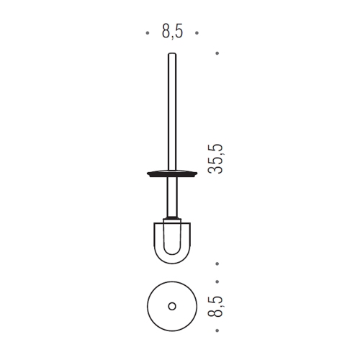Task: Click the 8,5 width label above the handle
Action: point(172,31)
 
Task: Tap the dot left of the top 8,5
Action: point(148,33)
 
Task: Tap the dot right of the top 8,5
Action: point(197,33)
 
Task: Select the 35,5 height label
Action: point(215,158)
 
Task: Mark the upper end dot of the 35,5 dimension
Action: point(217,53)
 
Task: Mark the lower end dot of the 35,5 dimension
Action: point(217,264)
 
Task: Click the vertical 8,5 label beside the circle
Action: point(215,307)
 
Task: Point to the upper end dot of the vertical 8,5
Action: point(217,282)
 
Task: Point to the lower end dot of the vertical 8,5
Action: point(217,330)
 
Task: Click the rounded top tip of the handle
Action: point(172,53)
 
